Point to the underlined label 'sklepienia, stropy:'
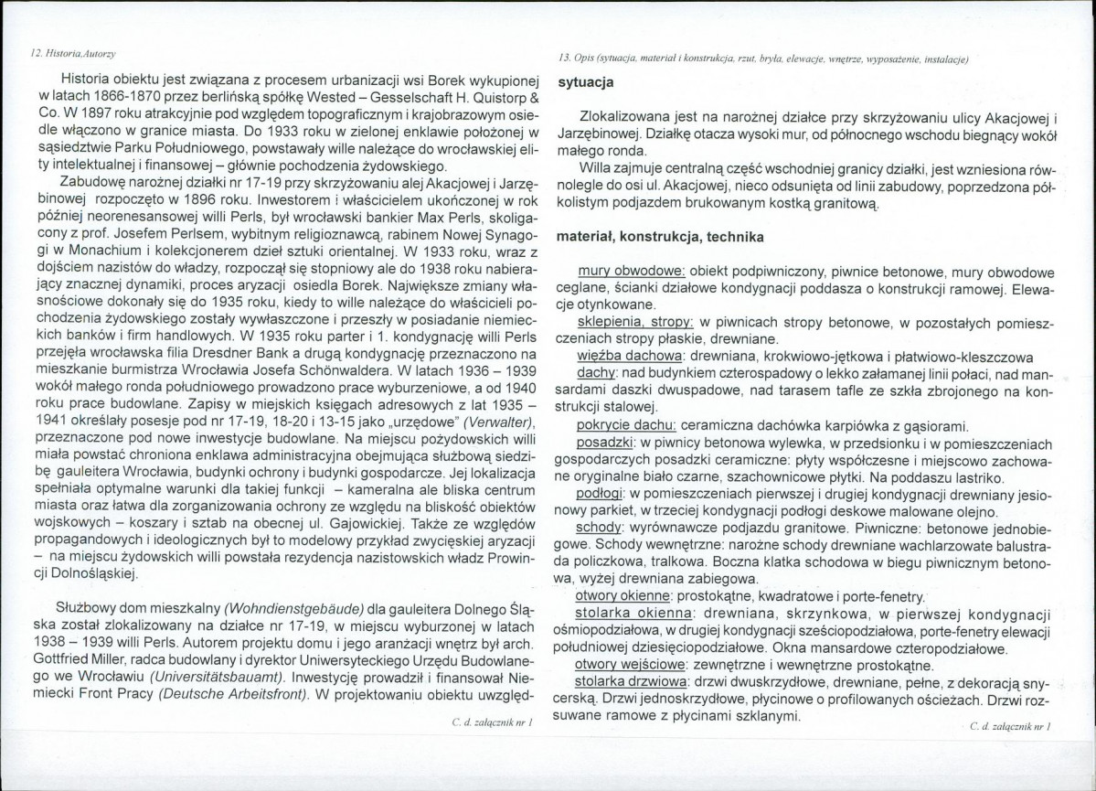[636, 325]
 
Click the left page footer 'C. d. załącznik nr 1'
[492, 722]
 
